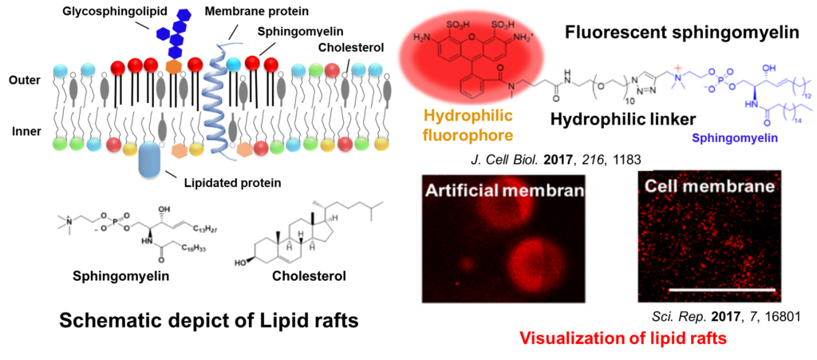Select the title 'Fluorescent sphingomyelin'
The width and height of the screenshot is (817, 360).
[681, 34]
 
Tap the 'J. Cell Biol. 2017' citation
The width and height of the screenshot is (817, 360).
[555, 159]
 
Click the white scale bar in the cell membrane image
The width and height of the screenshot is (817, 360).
[719, 288]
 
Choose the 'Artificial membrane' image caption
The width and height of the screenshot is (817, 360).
[505, 192]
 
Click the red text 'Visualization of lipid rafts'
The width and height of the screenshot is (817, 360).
[622, 338]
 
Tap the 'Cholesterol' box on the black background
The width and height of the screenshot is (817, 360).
[309, 276]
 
